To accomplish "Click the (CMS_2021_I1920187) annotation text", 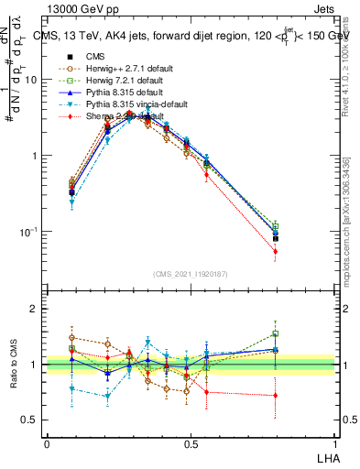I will coord(191,272).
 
